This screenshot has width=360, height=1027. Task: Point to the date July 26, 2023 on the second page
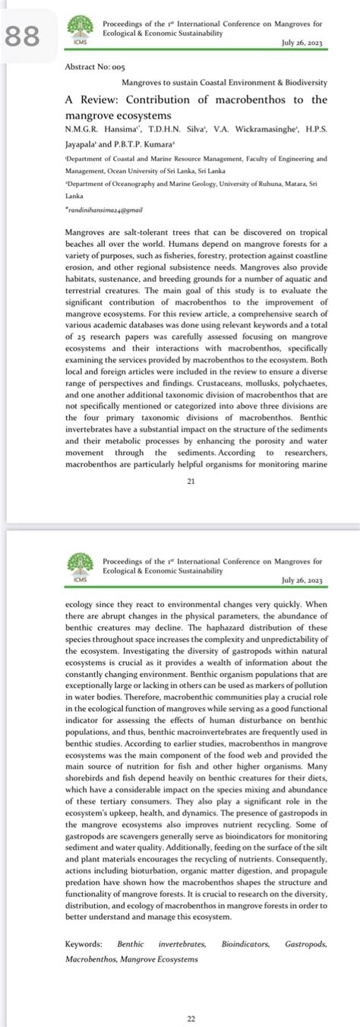click(x=302, y=580)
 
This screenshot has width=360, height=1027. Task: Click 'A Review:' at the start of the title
click(x=92, y=100)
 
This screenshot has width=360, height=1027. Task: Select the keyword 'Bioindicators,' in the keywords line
click(x=245, y=943)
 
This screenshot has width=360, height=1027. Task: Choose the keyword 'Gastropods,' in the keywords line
click(x=306, y=943)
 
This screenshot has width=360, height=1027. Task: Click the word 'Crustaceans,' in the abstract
click(x=90, y=386)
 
